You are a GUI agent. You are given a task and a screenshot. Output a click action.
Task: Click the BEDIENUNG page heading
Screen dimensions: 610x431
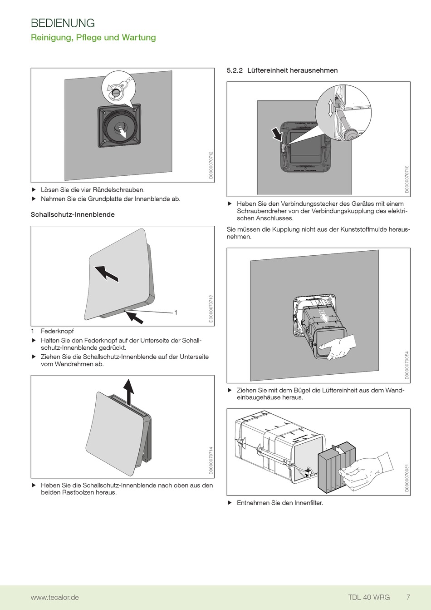pos(63,23)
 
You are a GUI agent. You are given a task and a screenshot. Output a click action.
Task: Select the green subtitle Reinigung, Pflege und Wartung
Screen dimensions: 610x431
pos(93,38)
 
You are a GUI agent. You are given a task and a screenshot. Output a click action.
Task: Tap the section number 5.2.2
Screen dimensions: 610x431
pos(235,70)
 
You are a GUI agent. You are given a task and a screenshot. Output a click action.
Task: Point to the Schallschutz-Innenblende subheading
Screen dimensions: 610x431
pos(73,214)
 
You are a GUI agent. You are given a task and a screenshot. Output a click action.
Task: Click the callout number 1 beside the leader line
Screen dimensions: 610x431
pos(176,312)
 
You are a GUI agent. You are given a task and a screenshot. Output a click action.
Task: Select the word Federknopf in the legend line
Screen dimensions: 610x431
pos(57,331)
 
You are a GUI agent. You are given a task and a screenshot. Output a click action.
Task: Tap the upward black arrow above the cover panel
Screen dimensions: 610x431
pos(130,391)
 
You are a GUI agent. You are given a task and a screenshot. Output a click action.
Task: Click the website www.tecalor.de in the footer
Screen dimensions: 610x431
pos(54,597)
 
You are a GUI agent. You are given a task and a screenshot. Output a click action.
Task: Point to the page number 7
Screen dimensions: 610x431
pos(408,597)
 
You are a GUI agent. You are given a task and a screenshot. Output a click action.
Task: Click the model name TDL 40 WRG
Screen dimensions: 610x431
pos(369,597)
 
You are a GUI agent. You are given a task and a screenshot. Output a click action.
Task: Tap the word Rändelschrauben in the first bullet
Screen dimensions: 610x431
pos(119,190)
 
